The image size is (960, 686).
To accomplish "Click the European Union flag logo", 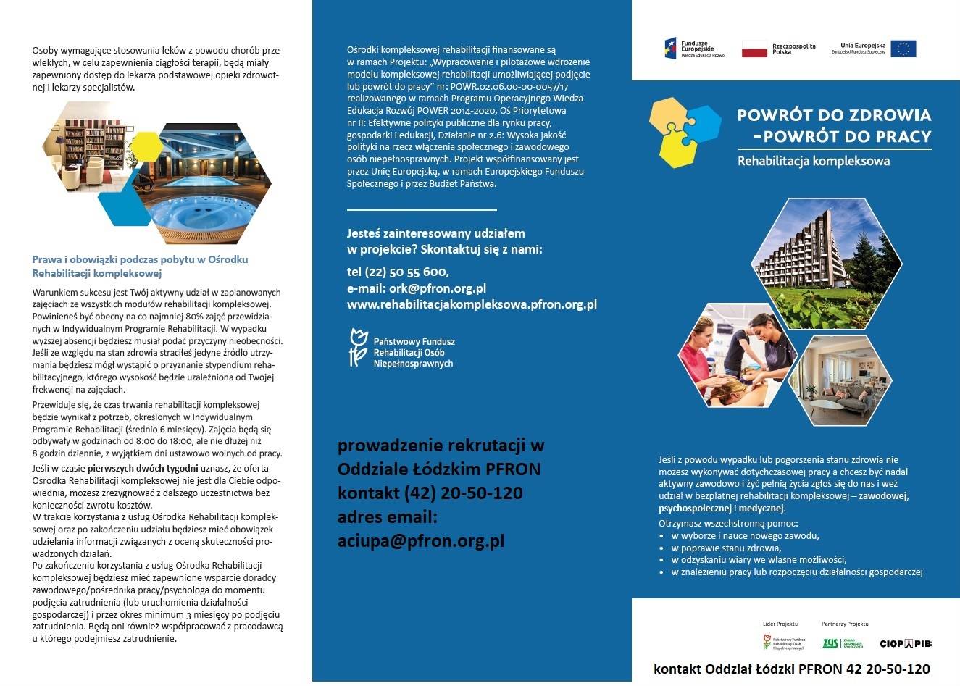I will point(903,49).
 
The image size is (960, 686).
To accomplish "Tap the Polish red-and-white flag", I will point(754,49).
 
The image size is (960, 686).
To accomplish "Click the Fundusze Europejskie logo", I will point(671,49).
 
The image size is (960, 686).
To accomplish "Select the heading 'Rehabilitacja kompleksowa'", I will point(813,161).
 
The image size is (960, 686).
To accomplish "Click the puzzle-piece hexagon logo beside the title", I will point(685,130).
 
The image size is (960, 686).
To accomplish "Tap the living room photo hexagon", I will point(839,382).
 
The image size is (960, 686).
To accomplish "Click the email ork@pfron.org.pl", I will point(417,288).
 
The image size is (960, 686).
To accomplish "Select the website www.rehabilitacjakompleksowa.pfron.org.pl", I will point(472,305).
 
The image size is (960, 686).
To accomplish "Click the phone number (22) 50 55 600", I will point(398,272).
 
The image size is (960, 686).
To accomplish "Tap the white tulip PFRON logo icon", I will point(356,348).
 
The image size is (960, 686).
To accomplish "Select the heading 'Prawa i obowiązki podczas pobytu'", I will point(141,259).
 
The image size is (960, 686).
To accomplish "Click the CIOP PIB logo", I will point(905,643).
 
